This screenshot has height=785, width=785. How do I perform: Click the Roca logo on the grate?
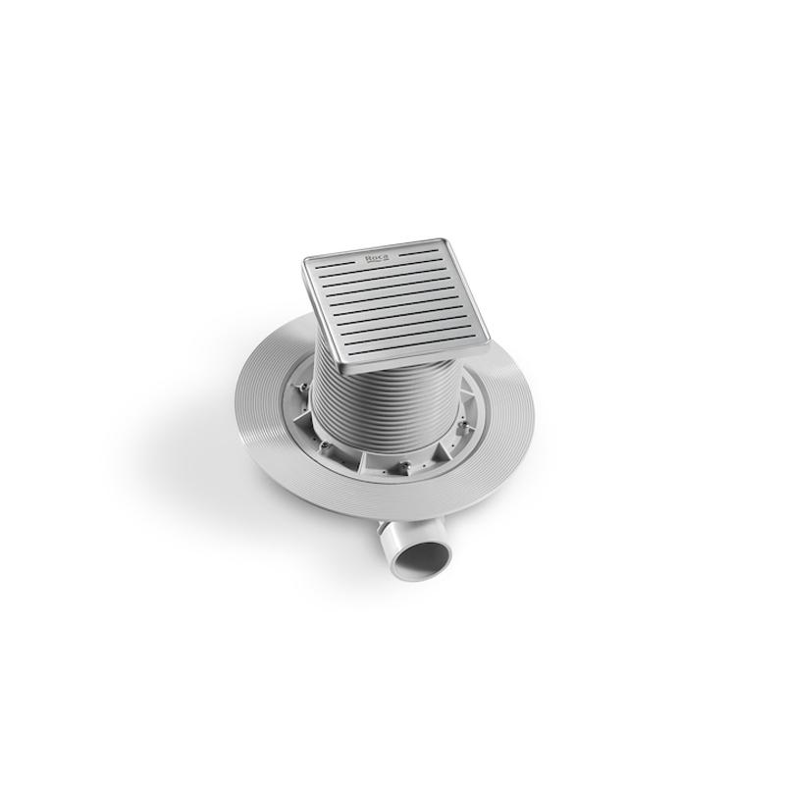click(x=378, y=257)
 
